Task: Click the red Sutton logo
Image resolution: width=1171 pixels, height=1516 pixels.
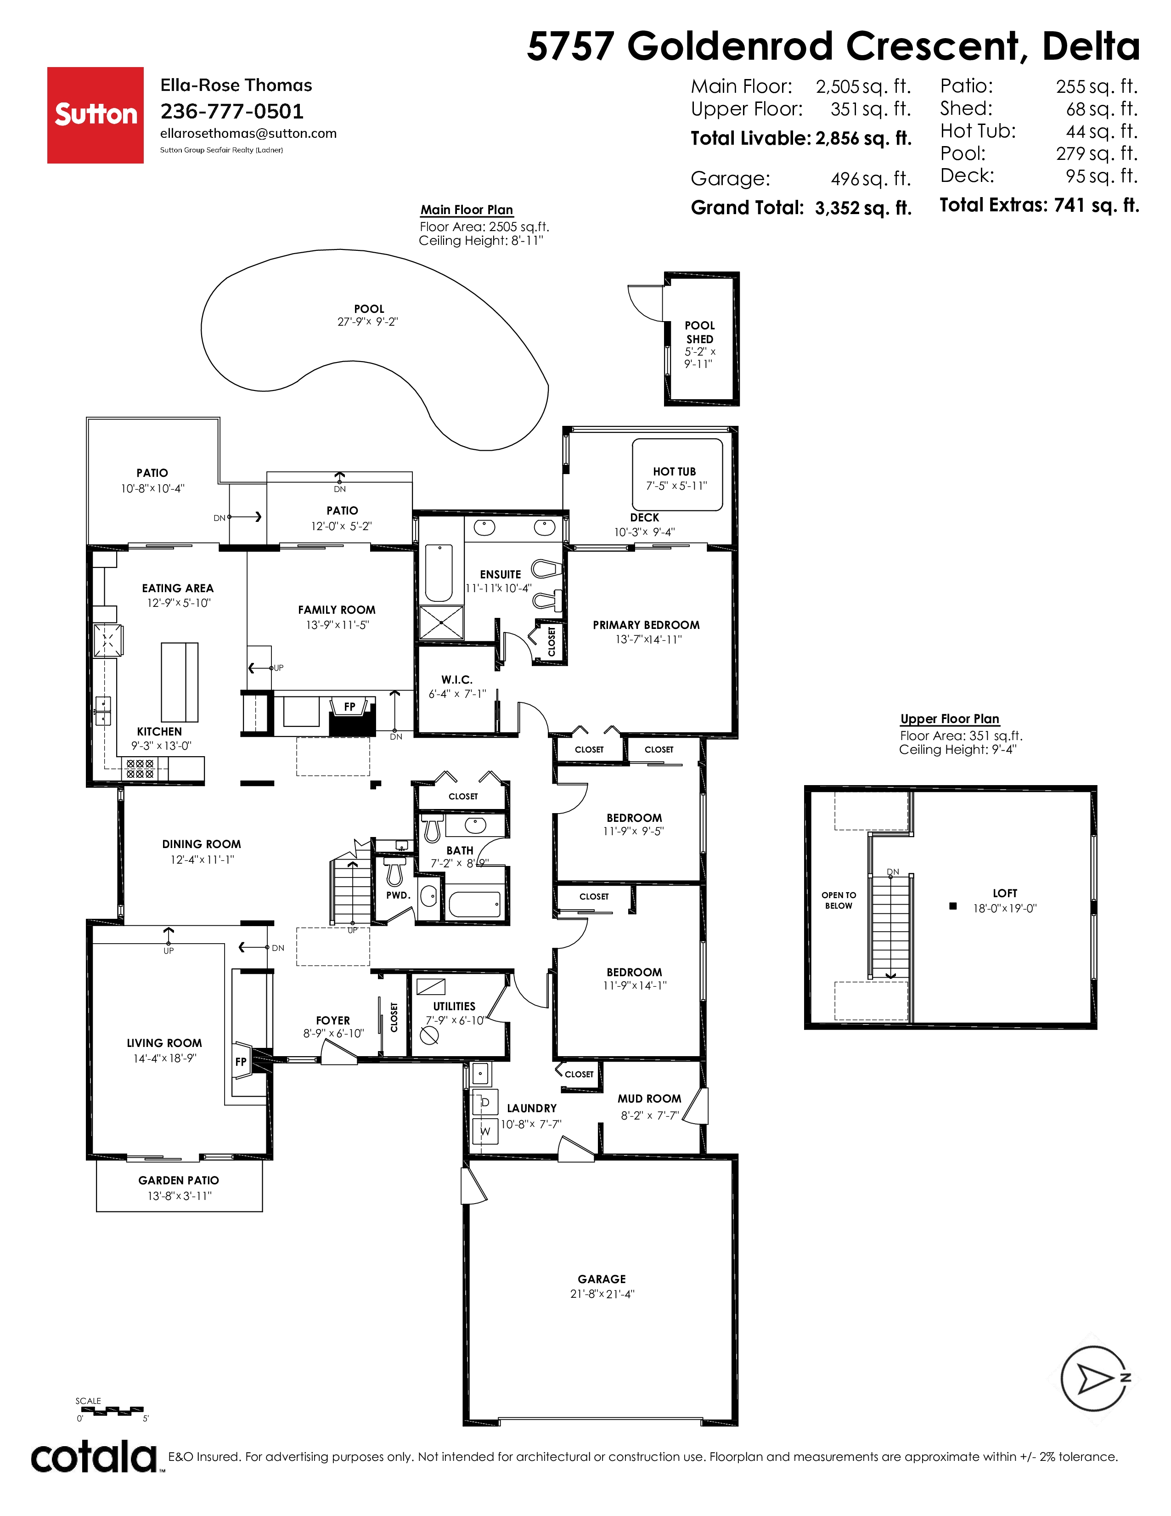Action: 96,115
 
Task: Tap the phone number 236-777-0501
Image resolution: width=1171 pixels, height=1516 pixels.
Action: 232,111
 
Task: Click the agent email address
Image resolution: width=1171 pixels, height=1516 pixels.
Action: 248,133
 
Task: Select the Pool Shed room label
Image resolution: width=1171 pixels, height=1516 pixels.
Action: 699,332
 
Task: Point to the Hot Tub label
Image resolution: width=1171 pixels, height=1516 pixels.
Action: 674,471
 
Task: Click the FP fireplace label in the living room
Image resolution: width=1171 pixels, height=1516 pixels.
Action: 241,1061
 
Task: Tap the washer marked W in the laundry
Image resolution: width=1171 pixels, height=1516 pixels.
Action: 485,1131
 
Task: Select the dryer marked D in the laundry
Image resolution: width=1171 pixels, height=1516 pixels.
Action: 485,1102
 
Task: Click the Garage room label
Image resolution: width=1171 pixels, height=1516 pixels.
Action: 602,1278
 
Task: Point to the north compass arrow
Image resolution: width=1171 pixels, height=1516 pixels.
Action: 1095,1379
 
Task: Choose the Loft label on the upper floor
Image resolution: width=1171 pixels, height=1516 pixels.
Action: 1004,894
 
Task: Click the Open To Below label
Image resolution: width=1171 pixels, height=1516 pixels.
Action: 839,900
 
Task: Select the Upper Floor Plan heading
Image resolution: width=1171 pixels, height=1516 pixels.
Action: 950,718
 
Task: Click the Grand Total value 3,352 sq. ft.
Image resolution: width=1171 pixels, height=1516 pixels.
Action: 863,208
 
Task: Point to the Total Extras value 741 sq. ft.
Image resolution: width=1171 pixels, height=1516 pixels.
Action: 1096,205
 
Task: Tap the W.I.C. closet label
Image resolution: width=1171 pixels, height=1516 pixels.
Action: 456,679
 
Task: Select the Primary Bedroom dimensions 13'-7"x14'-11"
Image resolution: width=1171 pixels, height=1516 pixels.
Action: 648,639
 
